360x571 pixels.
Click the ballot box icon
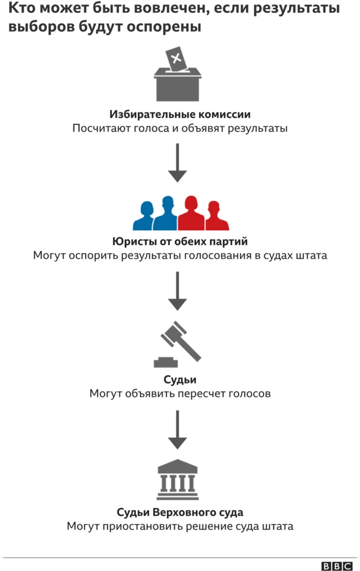pos(178,84)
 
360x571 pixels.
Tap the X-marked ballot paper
pos(175,59)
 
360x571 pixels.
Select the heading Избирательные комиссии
pos(180,114)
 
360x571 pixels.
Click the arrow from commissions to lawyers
pos(178,163)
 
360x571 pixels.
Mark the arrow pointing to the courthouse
pos(178,430)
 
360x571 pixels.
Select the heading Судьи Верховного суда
pos(180,512)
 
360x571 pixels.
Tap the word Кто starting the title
pos(22,10)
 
